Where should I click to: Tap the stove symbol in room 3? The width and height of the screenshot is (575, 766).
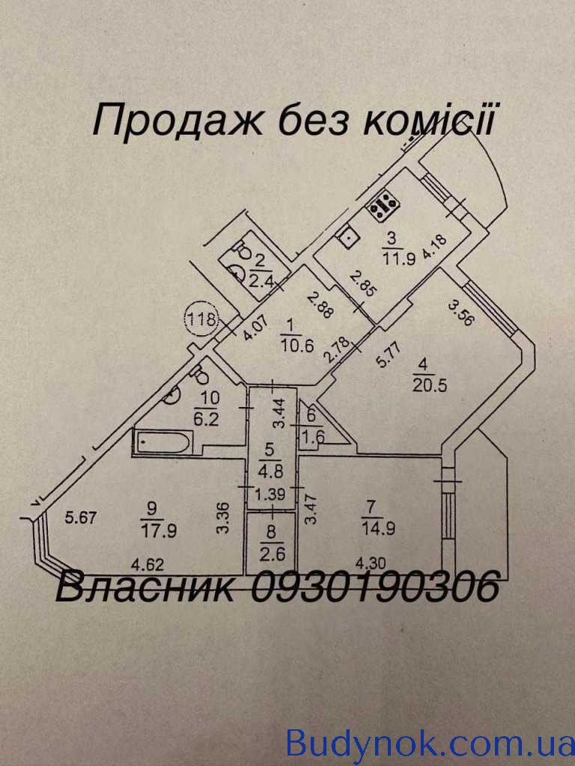tap(383, 201)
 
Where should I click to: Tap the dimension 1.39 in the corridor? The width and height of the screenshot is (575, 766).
tap(273, 494)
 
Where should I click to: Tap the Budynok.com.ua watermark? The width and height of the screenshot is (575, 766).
tap(430, 744)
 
